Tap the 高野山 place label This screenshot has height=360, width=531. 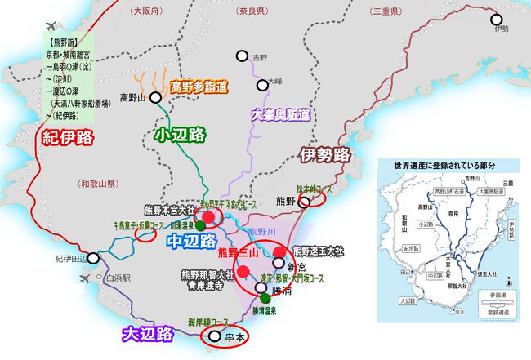click(132, 98)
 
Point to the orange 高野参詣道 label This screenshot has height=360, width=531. click(199, 85)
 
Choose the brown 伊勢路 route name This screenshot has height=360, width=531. click(324, 153)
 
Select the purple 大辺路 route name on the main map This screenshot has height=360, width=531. click(148, 333)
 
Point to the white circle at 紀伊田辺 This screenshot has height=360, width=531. click(94, 259)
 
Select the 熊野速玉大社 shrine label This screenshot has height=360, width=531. click(322, 251)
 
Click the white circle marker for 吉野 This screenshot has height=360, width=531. click(242, 56)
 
